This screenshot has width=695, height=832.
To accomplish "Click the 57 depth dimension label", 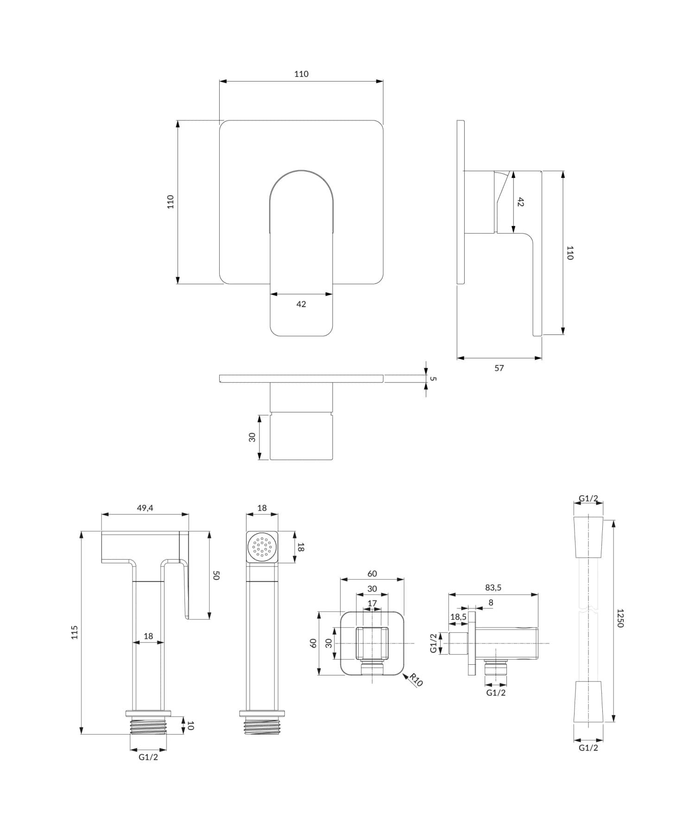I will point(499,368).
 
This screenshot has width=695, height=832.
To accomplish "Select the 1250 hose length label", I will point(620,618).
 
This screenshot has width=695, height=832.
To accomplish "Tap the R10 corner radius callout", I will point(416,680).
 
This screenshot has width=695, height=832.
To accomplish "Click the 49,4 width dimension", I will point(145,508).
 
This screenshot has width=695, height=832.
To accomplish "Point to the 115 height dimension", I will point(75,632).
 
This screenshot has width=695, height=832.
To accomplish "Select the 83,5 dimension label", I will point(493,587).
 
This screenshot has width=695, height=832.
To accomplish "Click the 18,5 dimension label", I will point(458,617).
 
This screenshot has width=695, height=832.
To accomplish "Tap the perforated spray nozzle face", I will point(262,547).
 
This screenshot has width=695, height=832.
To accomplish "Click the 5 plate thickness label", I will point(433,378).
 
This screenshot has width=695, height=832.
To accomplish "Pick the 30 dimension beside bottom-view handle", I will point(252,437).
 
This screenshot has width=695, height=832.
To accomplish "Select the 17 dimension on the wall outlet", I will point(372,603).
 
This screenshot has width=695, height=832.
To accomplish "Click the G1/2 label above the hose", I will point(588,498).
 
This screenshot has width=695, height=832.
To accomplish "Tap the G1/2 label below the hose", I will point(588,748).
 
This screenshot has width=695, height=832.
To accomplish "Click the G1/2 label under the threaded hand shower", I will point(148,757).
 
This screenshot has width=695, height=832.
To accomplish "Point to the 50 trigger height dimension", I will point(216,575).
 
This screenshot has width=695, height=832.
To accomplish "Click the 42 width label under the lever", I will point(301,304).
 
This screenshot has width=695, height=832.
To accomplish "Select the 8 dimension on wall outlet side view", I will point(491,602).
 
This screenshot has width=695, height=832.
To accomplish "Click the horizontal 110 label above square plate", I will point(301,74).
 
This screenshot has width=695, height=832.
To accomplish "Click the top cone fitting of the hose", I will point(588,537).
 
